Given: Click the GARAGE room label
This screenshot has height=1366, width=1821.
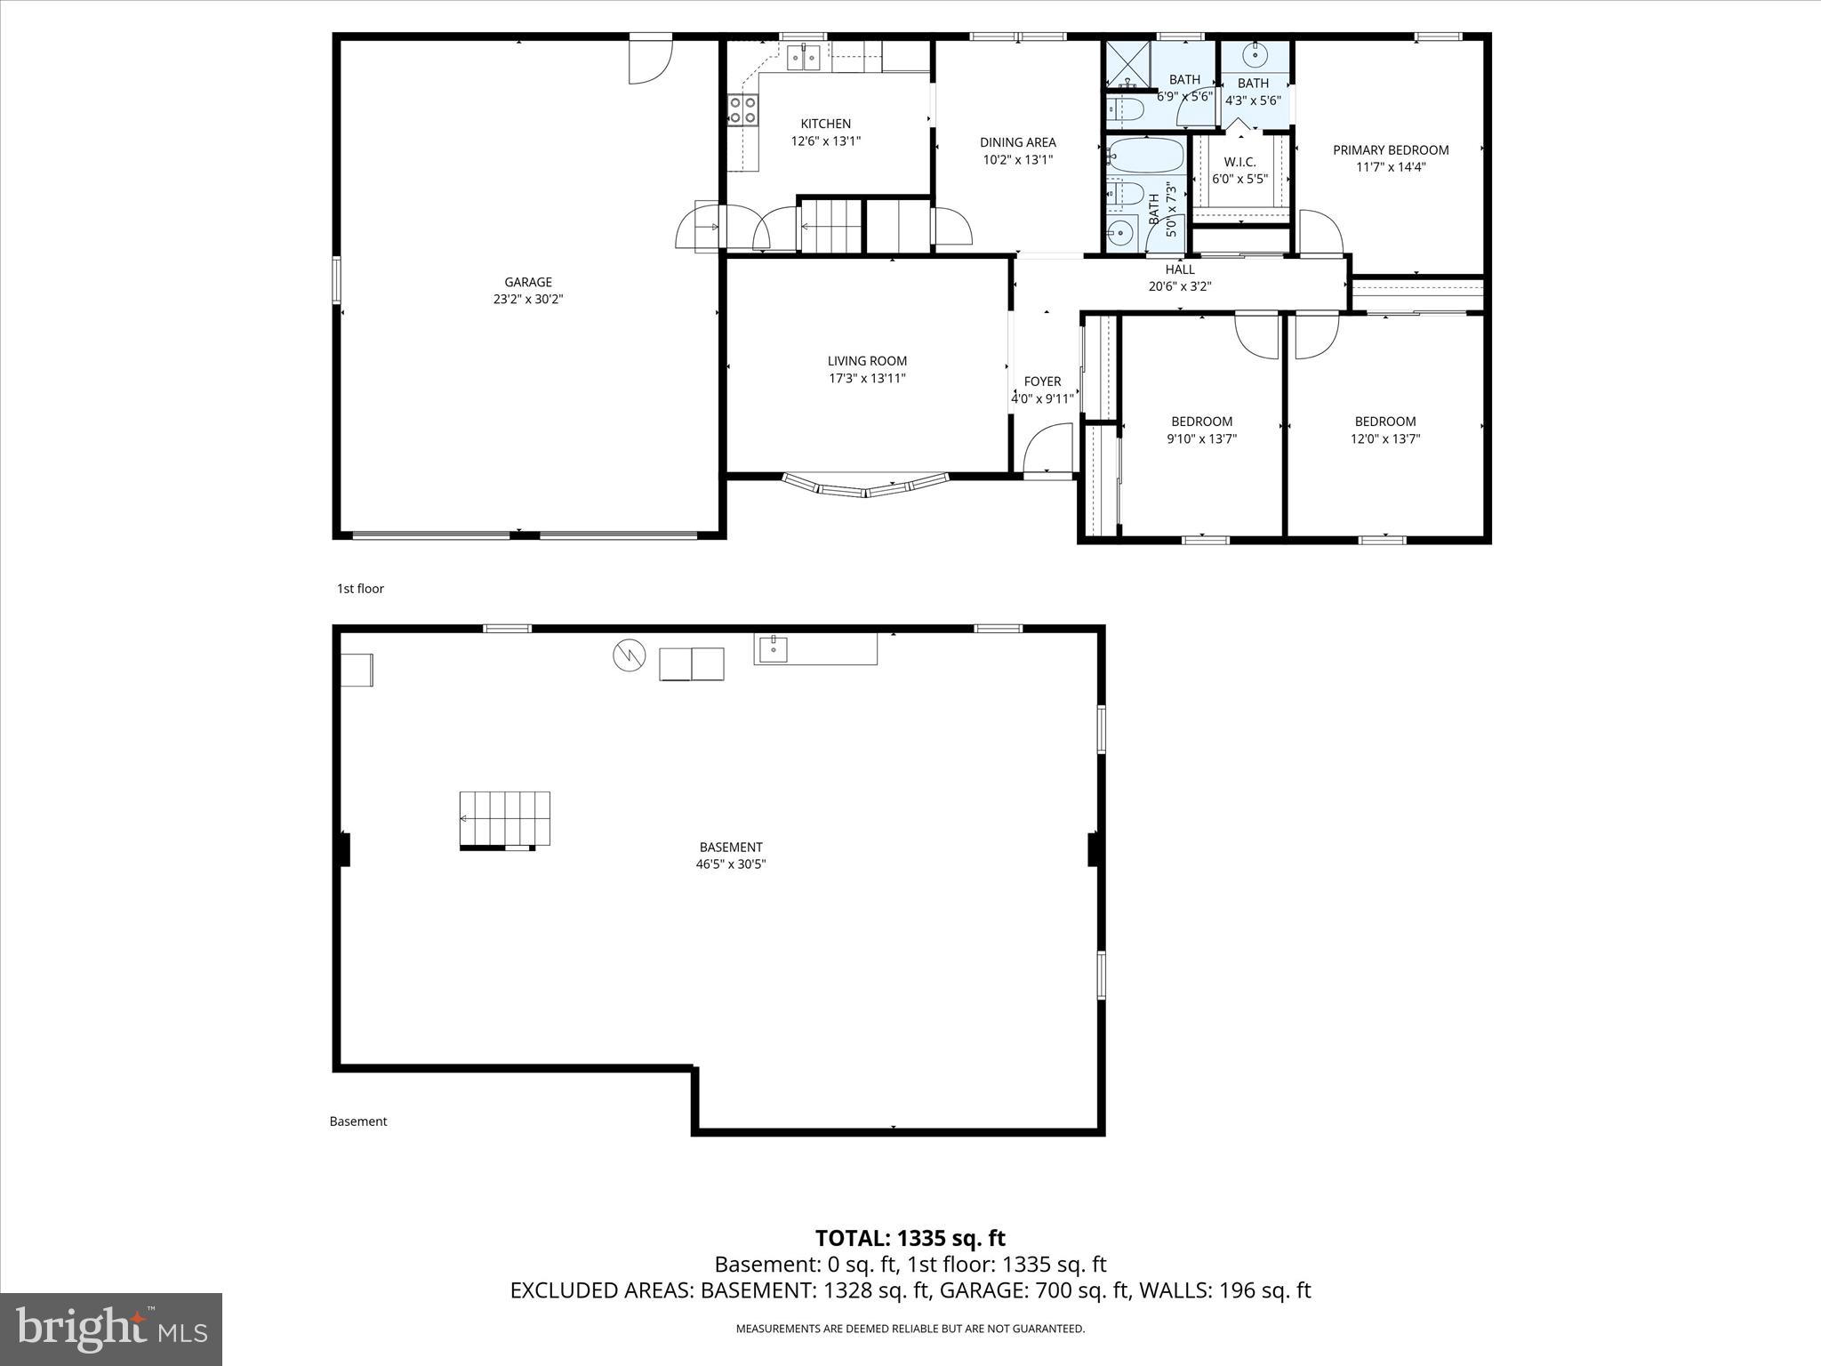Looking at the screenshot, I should (x=528, y=283).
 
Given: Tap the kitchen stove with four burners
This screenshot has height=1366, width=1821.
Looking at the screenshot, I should (x=743, y=110).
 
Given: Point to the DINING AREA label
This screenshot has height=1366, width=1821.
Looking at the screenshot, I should (x=1017, y=142).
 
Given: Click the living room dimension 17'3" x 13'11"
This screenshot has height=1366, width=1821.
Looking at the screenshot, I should (x=867, y=378).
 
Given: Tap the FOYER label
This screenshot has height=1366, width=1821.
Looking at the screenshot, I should (x=1042, y=382).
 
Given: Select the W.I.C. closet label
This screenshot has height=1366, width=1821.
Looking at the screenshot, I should (x=1239, y=162).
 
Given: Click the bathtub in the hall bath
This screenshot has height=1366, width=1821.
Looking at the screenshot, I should (x=1147, y=156).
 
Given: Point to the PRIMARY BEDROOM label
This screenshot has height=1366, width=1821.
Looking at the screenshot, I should (x=1391, y=150).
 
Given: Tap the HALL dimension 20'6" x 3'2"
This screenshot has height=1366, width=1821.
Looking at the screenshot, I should (x=1180, y=286).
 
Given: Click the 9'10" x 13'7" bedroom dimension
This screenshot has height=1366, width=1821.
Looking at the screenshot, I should (x=1201, y=438).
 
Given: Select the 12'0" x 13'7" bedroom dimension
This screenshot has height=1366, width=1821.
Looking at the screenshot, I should (x=1385, y=438).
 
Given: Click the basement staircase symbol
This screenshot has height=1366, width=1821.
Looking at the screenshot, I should (x=505, y=819).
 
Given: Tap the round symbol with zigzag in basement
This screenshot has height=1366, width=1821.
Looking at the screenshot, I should (x=629, y=656).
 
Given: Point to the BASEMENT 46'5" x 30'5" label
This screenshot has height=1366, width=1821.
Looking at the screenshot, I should (x=731, y=856).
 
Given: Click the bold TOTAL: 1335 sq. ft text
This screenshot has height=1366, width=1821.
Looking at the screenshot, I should (x=910, y=1238).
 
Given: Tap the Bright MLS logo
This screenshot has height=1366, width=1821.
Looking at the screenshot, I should (x=111, y=1329).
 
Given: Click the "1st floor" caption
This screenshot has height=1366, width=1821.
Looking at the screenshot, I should (x=360, y=589).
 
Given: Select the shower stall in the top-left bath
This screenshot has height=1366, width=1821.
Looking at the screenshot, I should (x=1127, y=64).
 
